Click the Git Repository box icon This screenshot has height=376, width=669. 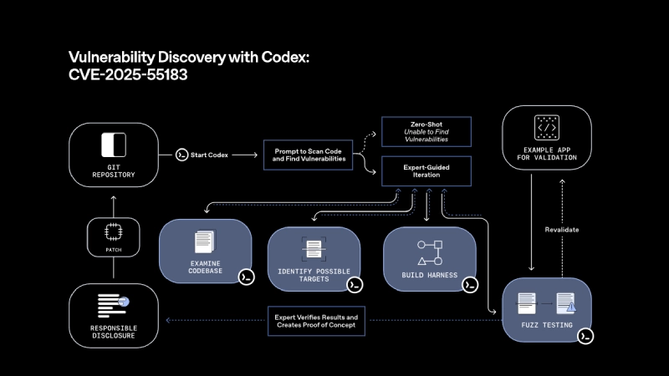(x=112, y=145)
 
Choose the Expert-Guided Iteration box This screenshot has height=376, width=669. (x=427, y=172)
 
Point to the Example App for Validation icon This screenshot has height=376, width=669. (x=547, y=128)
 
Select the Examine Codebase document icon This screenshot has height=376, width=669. (x=204, y=243)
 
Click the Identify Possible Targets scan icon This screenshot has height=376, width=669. (x=314, y=249)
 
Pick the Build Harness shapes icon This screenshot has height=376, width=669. (x=429, y=251)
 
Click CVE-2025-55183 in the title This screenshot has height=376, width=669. (x=128, y=74)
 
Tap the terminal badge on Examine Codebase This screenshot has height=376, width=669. (x=246, y=277)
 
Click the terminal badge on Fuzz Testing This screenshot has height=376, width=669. (x=587, y=336)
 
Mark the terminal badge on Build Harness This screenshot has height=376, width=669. (x=470, y=285)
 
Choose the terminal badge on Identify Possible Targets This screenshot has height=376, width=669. (x=355, y=285)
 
